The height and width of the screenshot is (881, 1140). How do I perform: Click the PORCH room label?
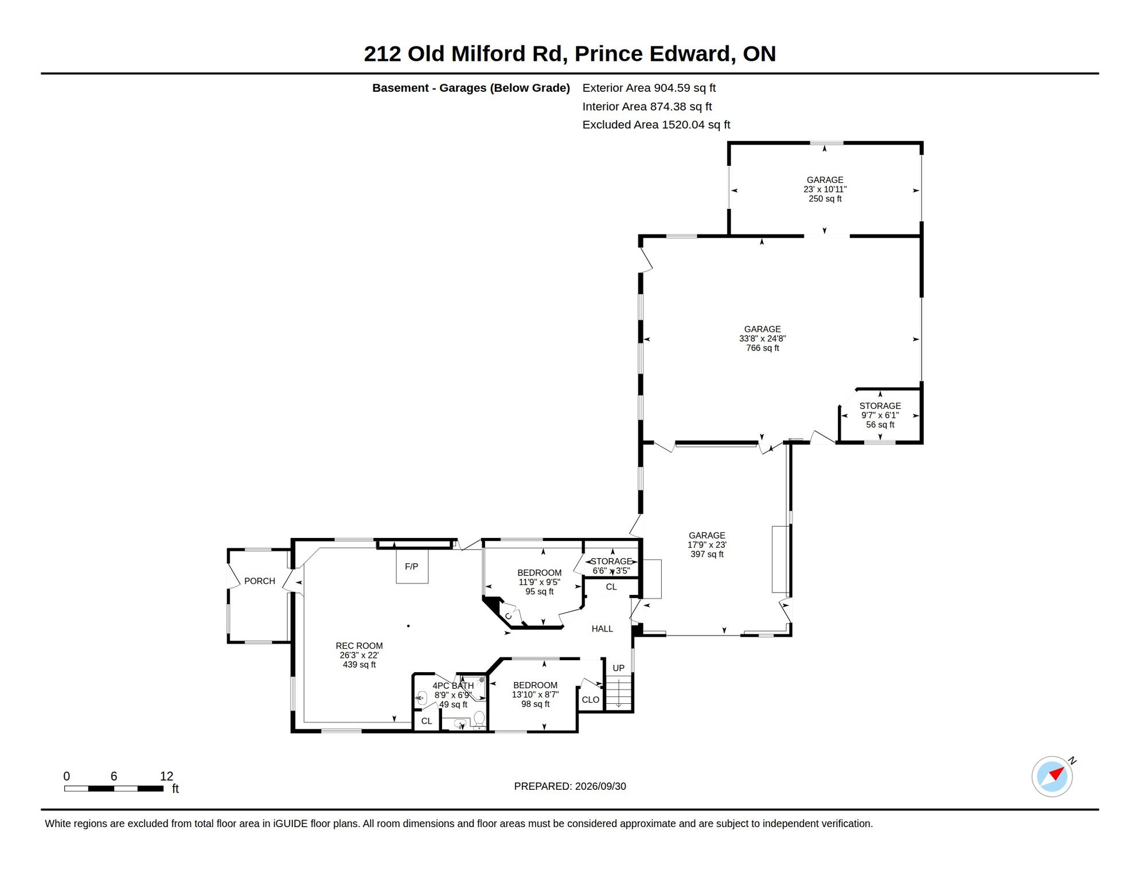click(259, 581)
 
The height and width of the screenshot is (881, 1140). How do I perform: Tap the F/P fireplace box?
click(412, 566)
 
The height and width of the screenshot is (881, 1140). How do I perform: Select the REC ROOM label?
click(359, 646)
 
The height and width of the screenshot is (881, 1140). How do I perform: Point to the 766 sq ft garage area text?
click(762, 348)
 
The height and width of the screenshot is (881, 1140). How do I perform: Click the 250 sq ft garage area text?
click(825, 199)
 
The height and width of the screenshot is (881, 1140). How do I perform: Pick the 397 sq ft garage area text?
click(706, 555)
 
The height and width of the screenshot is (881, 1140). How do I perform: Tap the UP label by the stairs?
click(618, 668)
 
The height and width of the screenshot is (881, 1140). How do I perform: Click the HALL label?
click(602, 629)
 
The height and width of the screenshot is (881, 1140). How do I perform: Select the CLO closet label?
click(590, 700)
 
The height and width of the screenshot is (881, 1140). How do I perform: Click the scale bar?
click(114, 789)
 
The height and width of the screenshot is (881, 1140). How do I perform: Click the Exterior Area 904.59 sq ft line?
click(649, 88)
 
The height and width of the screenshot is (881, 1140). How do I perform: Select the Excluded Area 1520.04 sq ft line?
click(656, 124)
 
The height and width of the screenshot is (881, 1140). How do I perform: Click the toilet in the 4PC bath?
click(479, 718)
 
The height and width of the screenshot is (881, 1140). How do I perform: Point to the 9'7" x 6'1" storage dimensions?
click(880, 415)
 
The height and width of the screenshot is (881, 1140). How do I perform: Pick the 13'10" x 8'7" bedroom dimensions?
click(535, 695)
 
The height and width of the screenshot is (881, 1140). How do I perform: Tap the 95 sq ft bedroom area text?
click(539, 592)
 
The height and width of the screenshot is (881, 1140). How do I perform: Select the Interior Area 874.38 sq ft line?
click(647, 106)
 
